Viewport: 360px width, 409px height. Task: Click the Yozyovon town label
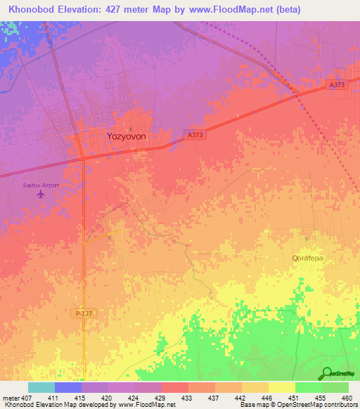[126, 137]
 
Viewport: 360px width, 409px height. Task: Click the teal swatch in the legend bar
[41, 387]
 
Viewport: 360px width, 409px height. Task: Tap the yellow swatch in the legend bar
[281, 387]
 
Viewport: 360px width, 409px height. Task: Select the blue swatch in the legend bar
[68, 387]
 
